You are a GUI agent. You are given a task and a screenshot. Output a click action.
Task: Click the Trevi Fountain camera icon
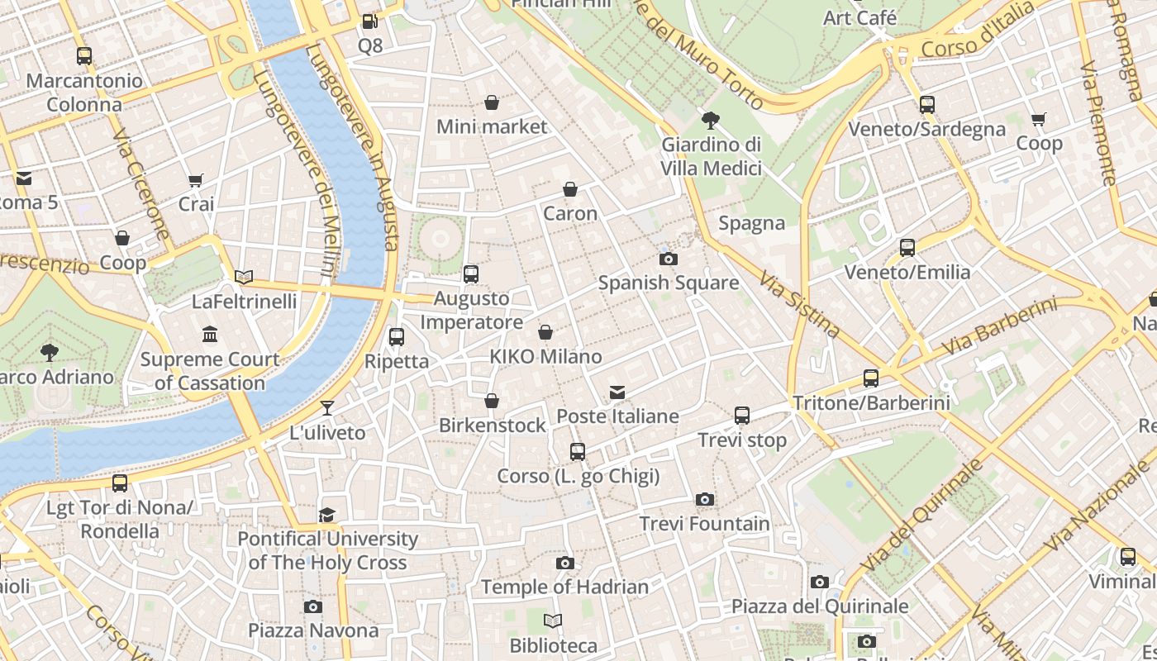click(704, 499)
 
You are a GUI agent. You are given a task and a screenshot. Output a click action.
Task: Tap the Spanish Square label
click(668, 283)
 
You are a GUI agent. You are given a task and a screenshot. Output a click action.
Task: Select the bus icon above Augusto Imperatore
click(470, 274)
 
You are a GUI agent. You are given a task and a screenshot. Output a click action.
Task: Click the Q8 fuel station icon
click(370, 21)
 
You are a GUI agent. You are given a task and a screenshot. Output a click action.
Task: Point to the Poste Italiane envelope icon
click(617, 392)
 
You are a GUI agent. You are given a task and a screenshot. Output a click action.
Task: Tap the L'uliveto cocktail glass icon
click(327, 407)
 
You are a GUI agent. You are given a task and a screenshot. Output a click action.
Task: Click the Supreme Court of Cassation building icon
click(210, 335)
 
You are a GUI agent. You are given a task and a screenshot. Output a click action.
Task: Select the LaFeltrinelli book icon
click(244, 277)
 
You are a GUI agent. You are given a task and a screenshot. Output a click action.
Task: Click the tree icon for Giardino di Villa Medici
click(710, 121)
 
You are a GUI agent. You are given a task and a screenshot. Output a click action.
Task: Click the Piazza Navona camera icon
click(312, 606)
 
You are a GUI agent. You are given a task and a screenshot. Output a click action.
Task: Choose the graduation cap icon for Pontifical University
click(327, 515)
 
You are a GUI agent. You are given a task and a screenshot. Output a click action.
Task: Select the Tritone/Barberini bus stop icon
click(870, 378)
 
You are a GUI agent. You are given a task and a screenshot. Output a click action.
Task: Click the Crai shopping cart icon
click(196, 180)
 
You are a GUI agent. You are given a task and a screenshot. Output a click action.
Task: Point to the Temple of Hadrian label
click(564, 587)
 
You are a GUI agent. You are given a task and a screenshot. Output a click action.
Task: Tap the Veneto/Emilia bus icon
click(907, 247)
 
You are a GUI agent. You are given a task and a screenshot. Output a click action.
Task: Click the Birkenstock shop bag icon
click(492, 401)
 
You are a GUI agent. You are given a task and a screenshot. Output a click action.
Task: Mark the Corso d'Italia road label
click(977, 31)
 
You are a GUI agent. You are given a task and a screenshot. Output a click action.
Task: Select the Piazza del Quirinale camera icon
click(819, 582)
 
